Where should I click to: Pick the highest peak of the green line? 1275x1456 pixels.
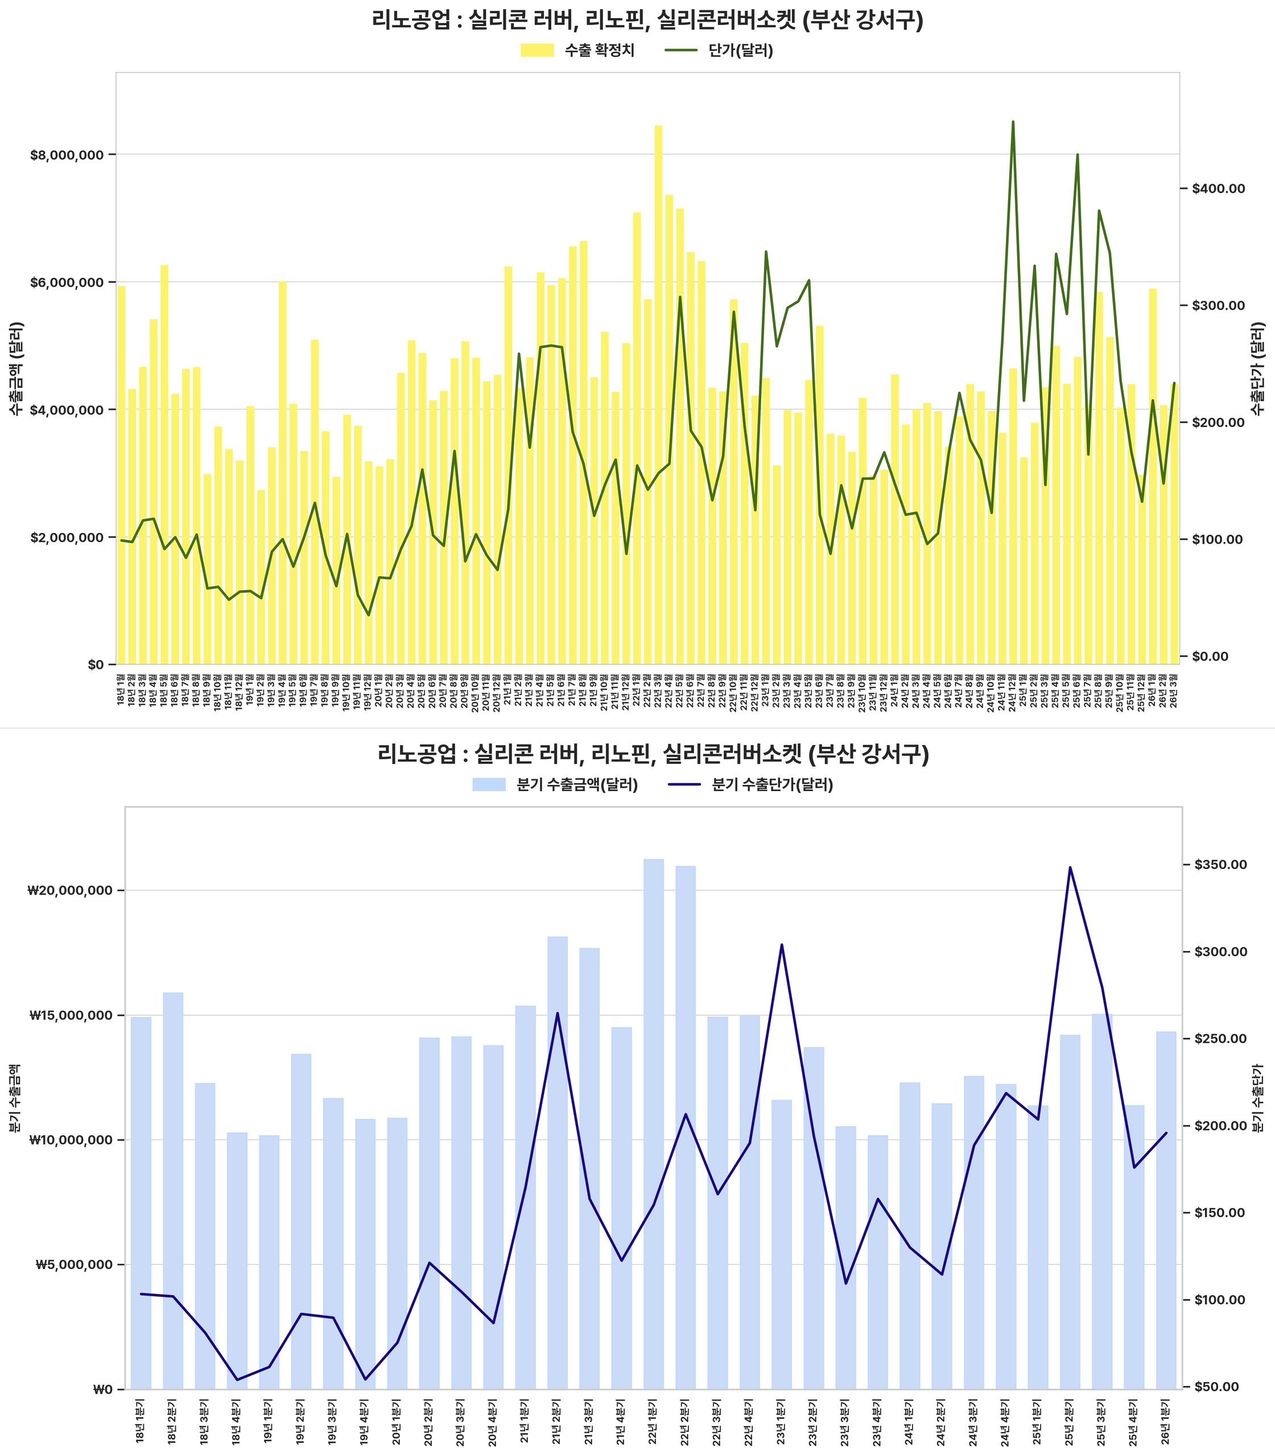click(1013, 122)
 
